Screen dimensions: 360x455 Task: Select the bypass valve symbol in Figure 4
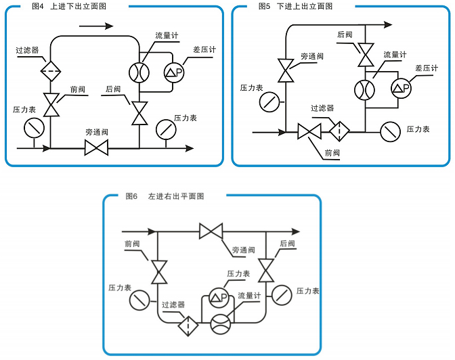[96, 148]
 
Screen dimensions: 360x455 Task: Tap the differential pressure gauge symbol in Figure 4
[174, 72]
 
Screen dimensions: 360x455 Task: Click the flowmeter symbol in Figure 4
[139, 72]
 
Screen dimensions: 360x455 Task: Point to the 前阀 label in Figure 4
[78, 89]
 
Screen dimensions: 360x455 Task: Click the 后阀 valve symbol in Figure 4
[139, 112]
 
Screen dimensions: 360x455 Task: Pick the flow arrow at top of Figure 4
[96, 26]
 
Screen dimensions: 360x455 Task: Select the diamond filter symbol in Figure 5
[339, 130]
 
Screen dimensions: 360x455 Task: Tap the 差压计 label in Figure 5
[426, 69]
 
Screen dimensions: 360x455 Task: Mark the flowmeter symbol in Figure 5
[365, 88]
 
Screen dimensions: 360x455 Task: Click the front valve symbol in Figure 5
[309, 131]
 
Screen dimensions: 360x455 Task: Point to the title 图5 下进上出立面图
[296, 6]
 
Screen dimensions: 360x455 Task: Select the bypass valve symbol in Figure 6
[211, 231]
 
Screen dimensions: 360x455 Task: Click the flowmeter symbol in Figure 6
[220, 323]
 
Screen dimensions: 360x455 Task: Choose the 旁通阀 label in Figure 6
[243, 250]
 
